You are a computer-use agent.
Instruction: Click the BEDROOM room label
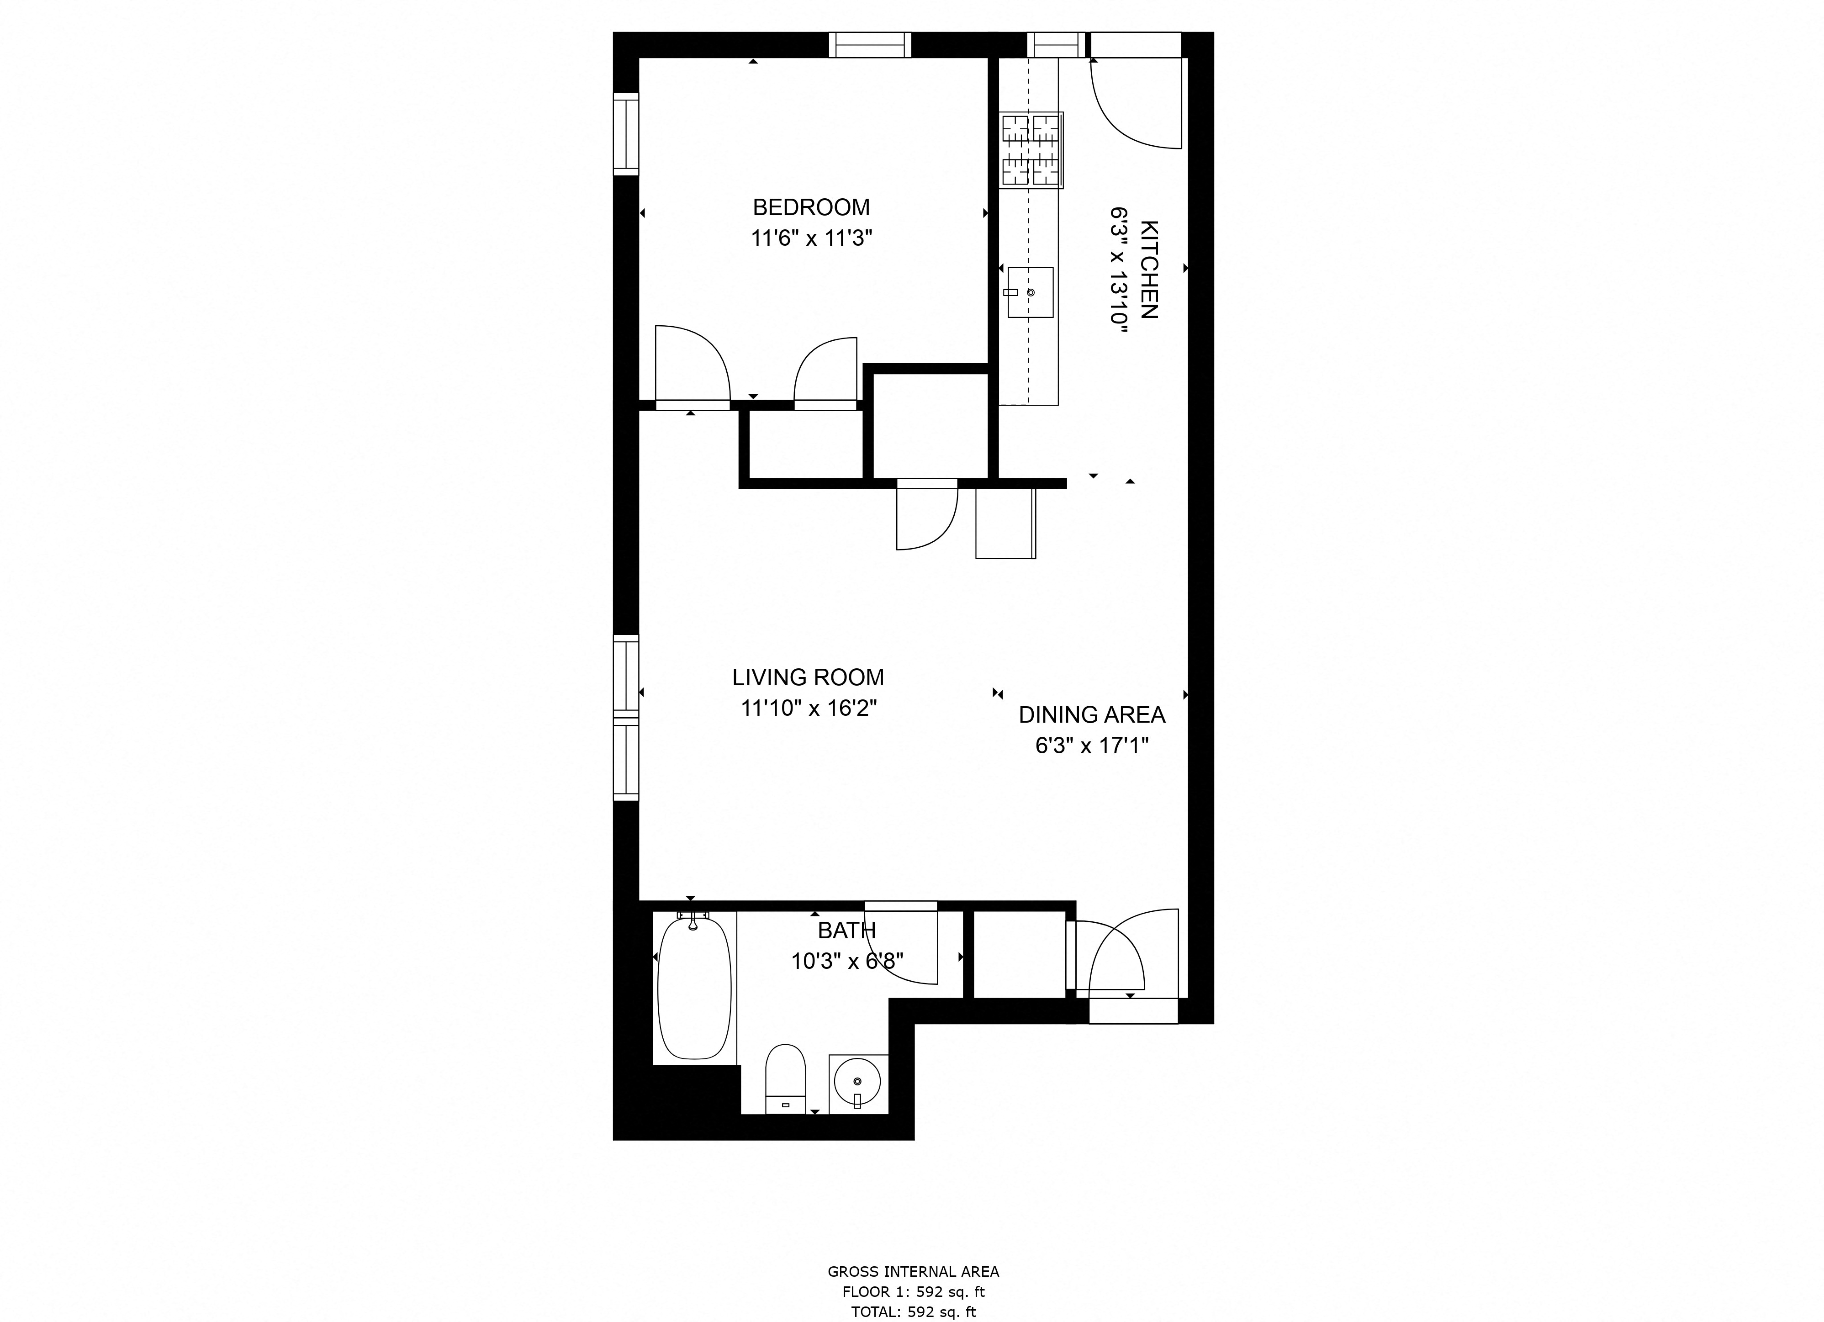click(x=811, y=207)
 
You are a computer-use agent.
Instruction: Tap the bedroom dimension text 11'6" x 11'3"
click(x=811, y=239)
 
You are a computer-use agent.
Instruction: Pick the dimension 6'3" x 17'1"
click(x=1091, y=746)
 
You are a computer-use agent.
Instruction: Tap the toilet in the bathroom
click(x=785, y=1079)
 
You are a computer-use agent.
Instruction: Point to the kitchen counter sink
click(x=1030, y=293)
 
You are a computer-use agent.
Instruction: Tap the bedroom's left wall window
click(x=626, y=134)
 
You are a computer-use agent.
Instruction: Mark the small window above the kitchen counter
click(x=1055, y=45)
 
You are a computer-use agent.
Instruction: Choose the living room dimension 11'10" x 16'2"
click(x=808, y=709)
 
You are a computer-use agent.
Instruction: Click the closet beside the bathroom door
click(x=1019, y=955)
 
